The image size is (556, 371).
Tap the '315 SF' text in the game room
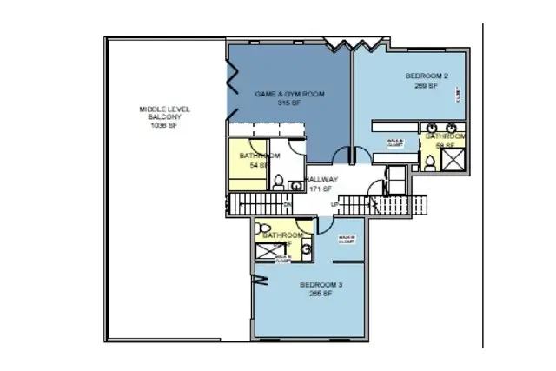[289, 103]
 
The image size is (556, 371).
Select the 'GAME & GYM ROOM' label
[289, 93]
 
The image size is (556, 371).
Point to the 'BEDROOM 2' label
[427, 76]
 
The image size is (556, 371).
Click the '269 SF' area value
[427, 86]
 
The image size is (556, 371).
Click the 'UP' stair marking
[334, 205]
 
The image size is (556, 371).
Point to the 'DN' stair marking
[286, 205]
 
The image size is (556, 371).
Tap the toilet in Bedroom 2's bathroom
[429, 162]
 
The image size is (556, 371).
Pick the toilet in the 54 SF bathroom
[278, 182]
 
